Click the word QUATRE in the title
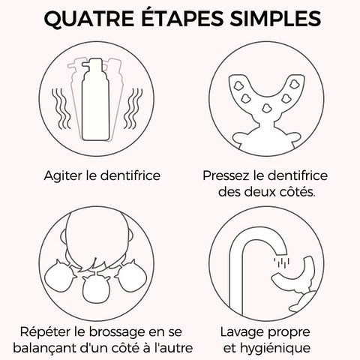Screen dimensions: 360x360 click(x=89, y=19)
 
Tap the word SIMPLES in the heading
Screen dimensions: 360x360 click(x=275, y=18)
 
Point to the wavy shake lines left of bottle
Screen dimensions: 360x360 click(x=61, y=109)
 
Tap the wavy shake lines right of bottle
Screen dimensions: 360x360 click(x=133, y=109)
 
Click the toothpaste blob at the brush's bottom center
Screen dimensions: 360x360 click(x=266, y=108)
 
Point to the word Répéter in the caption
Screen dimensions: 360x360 click(x=46, y=331)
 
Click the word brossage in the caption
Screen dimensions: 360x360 click(x=117, y=333)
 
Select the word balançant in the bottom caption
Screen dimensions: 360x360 click(x=43, y=348)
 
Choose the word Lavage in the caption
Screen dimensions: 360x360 click(x=241, y=332)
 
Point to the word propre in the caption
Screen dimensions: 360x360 click(x=289, y=333)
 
